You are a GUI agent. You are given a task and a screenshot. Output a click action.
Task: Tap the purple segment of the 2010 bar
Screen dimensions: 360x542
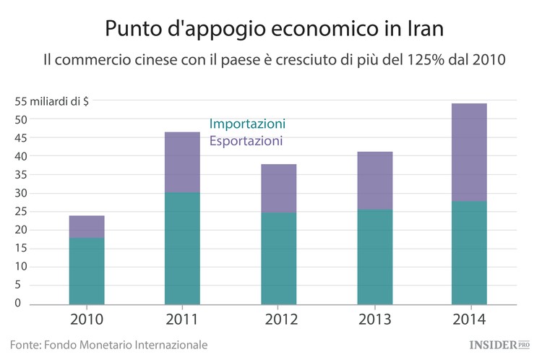pyautogui.click(x=87, y=226)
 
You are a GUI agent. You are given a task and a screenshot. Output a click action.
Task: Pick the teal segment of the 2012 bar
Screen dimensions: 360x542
pyautogui.click(x=278, y=258)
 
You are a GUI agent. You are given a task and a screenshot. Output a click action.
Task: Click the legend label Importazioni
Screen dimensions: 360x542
pyautogui.click(x=247, y=124)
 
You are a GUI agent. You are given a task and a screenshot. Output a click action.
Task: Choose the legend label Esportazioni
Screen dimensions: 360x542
pyautogui.click(x=246, y=141)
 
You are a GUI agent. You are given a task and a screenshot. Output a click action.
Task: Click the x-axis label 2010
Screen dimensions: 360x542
pyautogui.click(x=87, y=320)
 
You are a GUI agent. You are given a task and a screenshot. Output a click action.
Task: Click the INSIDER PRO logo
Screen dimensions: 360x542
pyautogui.click(x=499, y=345)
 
